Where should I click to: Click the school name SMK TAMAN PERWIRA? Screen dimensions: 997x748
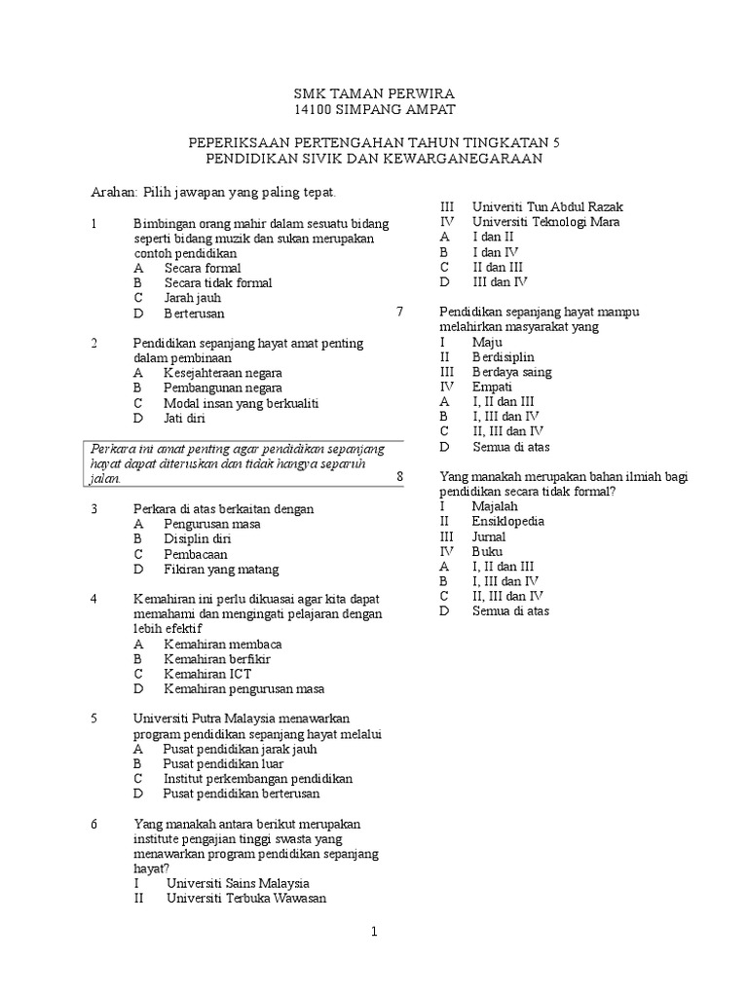tap(374, 94)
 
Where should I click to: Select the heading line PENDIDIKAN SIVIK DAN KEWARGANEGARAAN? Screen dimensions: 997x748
tap(374, 158)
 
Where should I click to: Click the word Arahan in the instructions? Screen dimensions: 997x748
tap(115, 193)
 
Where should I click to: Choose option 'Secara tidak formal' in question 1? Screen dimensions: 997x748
tap(218, 283)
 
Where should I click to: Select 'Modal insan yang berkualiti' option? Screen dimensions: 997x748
tap(241, 403)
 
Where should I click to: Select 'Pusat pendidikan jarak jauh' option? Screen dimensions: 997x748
tap(240, 750)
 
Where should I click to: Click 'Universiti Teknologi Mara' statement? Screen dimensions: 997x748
tap(545, 222)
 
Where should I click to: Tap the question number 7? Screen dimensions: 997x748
tap(399, 312)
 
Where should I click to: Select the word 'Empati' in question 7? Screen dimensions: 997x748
tap(492, 387)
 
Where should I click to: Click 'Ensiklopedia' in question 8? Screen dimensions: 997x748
tap(507, 521)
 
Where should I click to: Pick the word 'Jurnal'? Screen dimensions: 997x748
tap(489, 536)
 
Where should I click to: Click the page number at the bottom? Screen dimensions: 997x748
tap(373, 932)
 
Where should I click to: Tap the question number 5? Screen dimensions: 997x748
tap(94, 719)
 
